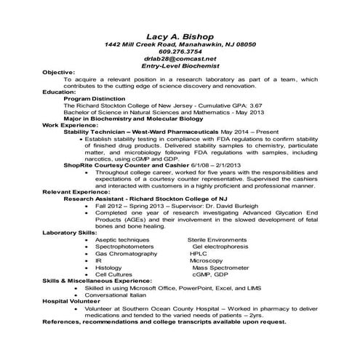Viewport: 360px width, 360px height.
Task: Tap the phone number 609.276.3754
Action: pos(180,52)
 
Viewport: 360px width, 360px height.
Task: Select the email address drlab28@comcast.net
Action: pos(180,59)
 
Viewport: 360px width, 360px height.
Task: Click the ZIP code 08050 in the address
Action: pos(241,44)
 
